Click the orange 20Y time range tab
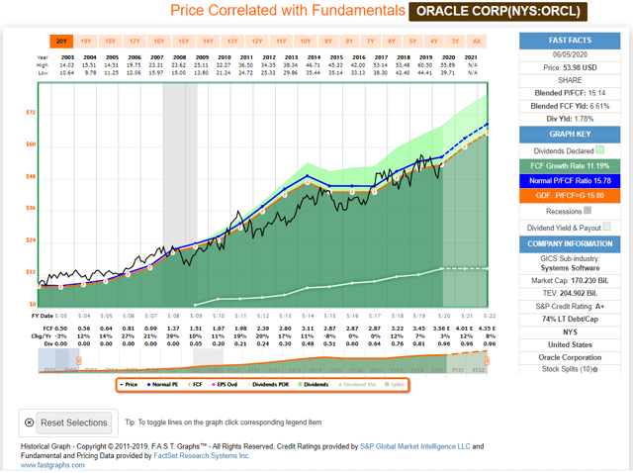[x=61, y=42]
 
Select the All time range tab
[x=476, y=42]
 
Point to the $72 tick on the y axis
[x=30, y=113]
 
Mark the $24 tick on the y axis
[x=30, y=240]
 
